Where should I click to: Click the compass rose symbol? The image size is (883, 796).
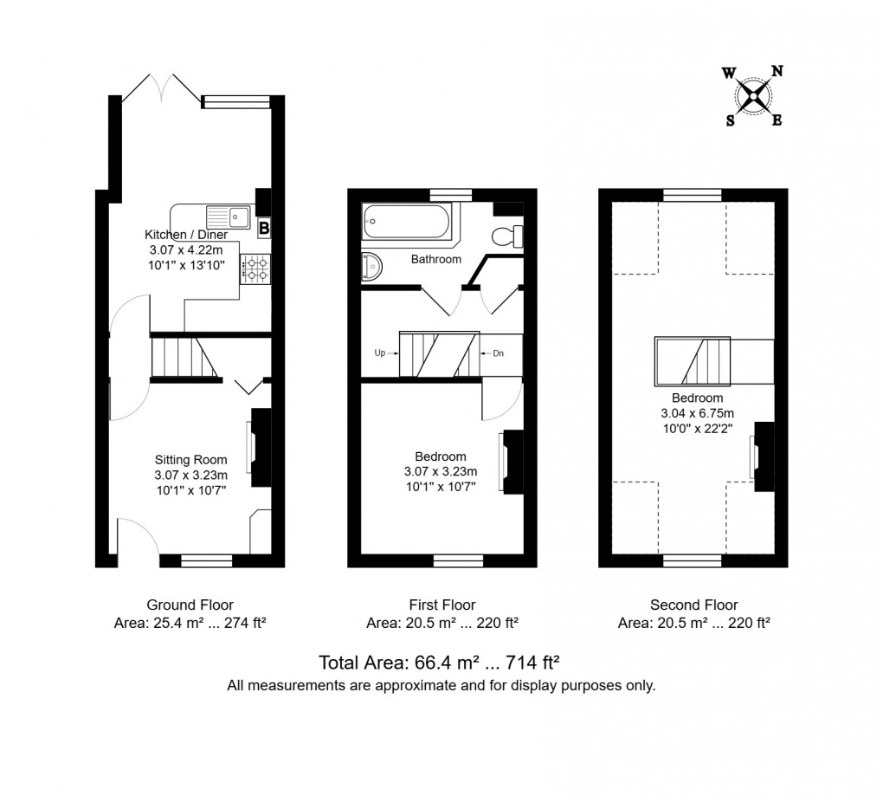coord(753,95)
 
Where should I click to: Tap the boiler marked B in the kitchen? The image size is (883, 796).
coord(264,228)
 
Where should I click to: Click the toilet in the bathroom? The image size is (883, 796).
coord(506,235)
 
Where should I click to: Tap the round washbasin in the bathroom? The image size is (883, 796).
coord(370,266)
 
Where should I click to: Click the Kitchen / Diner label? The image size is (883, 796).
coord(186,235)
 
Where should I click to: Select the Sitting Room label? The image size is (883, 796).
coord(190,459)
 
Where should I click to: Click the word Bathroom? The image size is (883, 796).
coord(435,259)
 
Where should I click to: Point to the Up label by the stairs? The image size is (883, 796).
coord(380,353)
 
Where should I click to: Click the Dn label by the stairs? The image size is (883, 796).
coord(498,353)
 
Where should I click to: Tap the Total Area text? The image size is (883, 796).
coord(441,663)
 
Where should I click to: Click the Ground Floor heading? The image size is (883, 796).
coord(190,605)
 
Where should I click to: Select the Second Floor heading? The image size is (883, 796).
coord(693,605)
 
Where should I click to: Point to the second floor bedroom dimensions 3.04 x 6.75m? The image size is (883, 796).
coord(697,413)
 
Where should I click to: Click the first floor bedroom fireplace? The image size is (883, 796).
coord(511,462)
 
